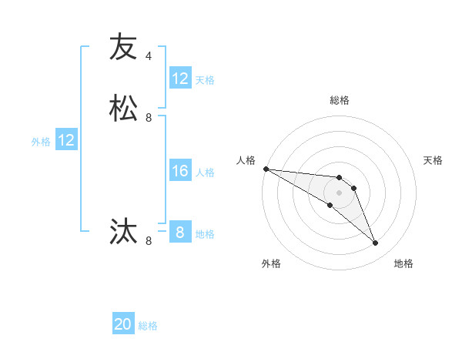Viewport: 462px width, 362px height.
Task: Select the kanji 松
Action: click(x=123, y=108)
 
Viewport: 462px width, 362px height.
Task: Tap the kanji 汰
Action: click(x=123, y=231)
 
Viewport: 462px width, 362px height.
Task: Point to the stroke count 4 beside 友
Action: click(x=149, y=56)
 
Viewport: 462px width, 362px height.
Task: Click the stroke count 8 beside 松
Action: click(x=149, y=118)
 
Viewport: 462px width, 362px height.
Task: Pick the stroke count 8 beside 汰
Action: click(x=149, y=241)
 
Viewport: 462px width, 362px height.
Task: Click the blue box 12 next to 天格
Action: click(x=180, y=79)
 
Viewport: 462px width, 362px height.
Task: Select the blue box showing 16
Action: click(x=180, y=171)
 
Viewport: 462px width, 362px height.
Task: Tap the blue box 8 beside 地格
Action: click(x=180, y=233)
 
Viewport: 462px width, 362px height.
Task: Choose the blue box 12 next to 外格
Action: click(x=66, y=140)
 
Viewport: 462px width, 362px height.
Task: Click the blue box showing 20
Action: click(x=123, y=324)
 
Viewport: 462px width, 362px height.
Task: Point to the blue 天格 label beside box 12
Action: click(x=205, y=79)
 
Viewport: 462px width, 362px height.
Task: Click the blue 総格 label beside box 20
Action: click(x=148, y=326)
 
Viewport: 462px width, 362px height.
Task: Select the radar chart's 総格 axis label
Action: click(x=340, y=100)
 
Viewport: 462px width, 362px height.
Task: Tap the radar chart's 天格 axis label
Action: click(x=433, y=160)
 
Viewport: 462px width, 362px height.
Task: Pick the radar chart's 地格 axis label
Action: click(x=403, y=263)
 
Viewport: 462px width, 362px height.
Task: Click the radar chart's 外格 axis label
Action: click(x=271, y=263)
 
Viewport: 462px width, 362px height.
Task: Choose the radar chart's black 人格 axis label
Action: click(x=246, y=160)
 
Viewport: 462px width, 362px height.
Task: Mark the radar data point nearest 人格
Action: click(x=266, y=169)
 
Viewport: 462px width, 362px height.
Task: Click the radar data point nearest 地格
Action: click(x=375, y=243)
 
